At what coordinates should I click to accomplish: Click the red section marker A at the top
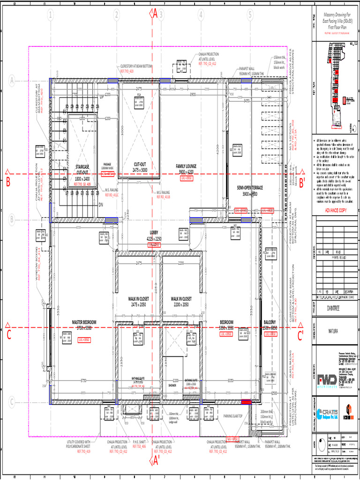(155, 14)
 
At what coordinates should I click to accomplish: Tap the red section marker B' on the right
(302, 183)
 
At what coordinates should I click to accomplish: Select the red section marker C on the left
(8, 334)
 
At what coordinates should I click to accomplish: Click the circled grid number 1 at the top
(50, 15)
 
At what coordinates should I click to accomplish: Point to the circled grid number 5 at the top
(250, 15)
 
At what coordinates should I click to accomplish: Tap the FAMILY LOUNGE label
(186, 166)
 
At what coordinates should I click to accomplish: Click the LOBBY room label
(155, 232)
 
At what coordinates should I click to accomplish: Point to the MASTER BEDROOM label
(84, 322)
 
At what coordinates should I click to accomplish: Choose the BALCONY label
(270, 322)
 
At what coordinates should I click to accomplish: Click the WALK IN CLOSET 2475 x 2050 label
(138, 299)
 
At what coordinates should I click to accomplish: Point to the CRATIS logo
(326, 413)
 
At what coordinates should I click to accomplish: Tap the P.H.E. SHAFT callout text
(140, 442)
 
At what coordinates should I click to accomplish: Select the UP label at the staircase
(102, 97)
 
